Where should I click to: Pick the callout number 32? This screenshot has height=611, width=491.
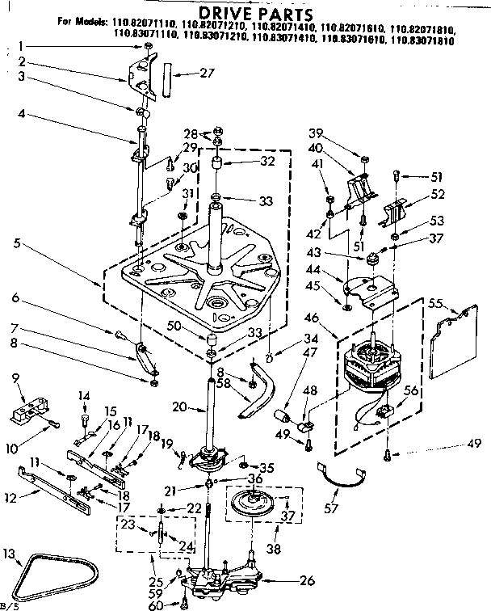tap(245, 161)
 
